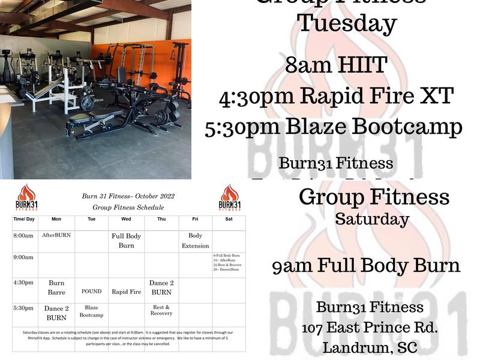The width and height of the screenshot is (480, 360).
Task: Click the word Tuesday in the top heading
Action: tap(347, 24)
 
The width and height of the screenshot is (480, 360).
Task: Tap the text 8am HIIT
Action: tap(335, 65)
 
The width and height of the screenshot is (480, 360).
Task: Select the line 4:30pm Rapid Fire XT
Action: tap(336, 96)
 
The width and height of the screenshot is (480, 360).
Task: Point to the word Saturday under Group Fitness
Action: tap(372, 219)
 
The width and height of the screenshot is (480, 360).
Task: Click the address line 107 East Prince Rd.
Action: tap(370, 328)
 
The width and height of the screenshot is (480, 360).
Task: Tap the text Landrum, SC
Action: tap(370, 347)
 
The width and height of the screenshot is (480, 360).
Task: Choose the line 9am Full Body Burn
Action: tap(366, 265)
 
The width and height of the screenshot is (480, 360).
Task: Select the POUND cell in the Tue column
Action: tap(92, 292)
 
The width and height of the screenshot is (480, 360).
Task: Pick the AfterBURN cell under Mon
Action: tap(56, 235)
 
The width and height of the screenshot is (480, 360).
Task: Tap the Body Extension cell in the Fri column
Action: tap(196, 241)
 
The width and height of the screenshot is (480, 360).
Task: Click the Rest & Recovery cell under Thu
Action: tap(161, 310)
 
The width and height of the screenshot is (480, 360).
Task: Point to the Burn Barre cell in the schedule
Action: tap(56, 287)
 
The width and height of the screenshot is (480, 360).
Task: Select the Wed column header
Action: tap(126, 219)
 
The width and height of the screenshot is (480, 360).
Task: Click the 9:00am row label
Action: tap(23, 257)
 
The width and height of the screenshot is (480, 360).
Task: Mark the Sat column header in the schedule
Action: tap(229, 219)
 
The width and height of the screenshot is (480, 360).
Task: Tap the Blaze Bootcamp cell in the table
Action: tap(92, 311)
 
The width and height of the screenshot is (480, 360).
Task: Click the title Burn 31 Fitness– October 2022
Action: tap(128, 196)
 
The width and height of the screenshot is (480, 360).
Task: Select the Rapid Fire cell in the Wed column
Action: tap(126, 292)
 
